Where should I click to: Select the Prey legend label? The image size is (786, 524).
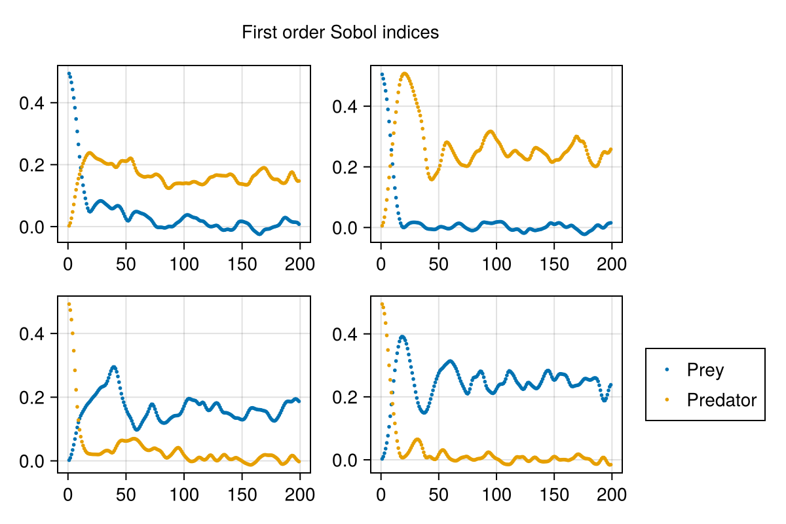[705, 370]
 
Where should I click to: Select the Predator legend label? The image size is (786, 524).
[721, 400]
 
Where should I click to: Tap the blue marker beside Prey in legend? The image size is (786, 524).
[667, 370]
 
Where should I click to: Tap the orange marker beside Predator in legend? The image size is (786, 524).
[667, 400]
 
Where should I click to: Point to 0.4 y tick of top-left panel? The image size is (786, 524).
[31, 103]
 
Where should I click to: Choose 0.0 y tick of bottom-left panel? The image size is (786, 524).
[31, 461]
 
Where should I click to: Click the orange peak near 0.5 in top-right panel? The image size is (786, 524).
[405, 73]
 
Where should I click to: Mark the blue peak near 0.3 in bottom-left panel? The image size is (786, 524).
[114, 367]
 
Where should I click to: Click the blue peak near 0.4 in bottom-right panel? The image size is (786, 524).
[402, 337]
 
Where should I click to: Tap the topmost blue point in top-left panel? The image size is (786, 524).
[69, 73]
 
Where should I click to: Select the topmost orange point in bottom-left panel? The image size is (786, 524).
[69, 304]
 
